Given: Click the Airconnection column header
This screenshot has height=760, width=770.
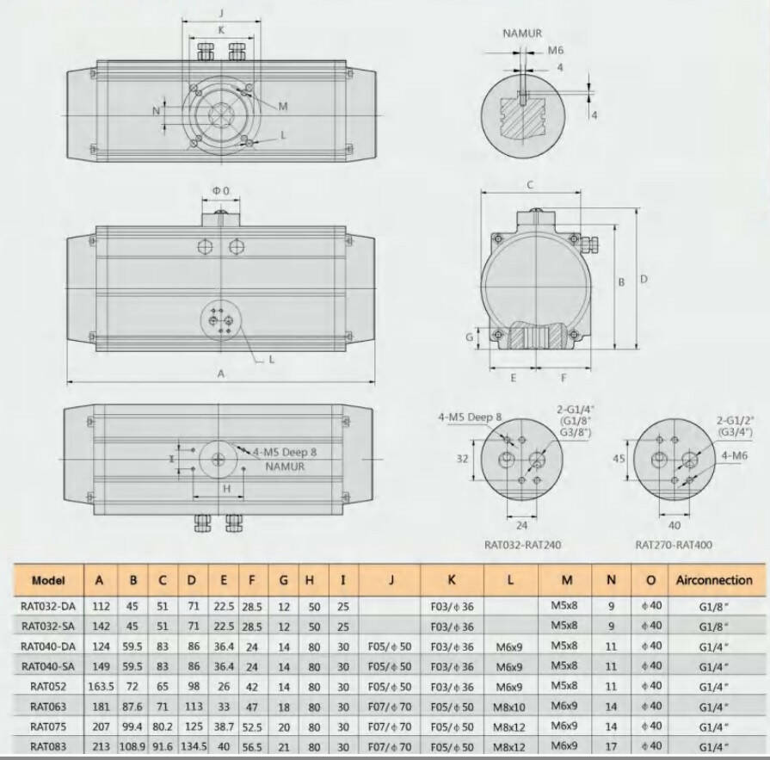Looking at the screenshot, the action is pos(714,580).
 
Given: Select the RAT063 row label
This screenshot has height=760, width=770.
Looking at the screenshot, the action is pos(48,707).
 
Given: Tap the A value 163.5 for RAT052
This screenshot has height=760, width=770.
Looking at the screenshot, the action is pos(101,686).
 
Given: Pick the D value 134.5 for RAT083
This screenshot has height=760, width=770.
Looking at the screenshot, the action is pos(194,747).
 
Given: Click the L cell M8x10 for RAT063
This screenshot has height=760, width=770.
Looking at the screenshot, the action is pos(509,707).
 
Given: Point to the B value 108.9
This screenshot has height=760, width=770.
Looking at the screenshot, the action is pos(132,747).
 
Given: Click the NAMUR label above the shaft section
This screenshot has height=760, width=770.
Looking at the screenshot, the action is pos(522,34).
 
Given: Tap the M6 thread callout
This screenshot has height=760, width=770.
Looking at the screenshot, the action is pos(556,50).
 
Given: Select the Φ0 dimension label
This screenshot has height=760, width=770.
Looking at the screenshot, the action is pos(221,190).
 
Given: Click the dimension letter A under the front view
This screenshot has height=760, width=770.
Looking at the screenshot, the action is pos(221,374).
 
